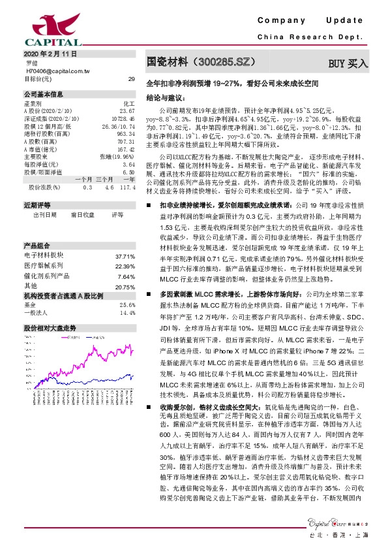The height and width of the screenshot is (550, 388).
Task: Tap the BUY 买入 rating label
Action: [x=348, y=63]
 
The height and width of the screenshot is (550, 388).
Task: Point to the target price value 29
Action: [x=131, y=78]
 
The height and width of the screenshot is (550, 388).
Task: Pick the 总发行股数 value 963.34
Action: [x=126, y=133]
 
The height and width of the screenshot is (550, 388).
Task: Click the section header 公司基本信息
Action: [x=40, y=95]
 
